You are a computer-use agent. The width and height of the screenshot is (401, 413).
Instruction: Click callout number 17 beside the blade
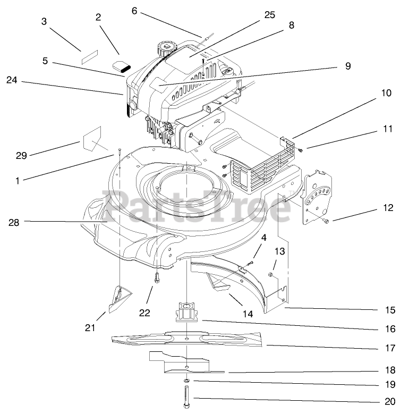click(390, 349)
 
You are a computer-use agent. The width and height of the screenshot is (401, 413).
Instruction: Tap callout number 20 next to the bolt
click(390, 401)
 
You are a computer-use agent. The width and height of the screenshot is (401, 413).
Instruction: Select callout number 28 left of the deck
click(14, 223)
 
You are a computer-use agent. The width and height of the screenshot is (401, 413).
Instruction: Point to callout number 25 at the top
click(269, 15)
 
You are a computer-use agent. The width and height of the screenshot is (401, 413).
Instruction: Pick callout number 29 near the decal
click(21, 155)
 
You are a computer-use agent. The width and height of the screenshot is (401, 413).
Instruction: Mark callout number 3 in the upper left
click(44, 22)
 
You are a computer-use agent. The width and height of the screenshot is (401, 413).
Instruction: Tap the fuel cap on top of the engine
click(166, 49)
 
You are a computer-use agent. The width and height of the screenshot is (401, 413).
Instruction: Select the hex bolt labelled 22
click(157, 277)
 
